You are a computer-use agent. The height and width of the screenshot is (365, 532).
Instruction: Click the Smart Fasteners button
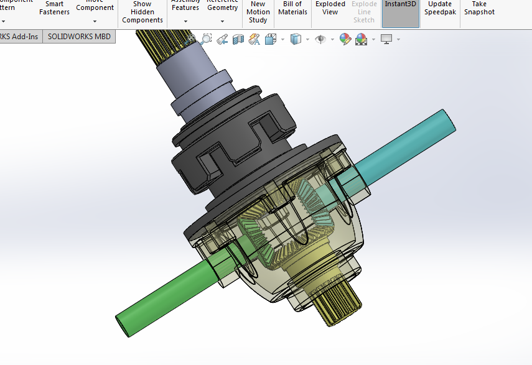pos(55,8)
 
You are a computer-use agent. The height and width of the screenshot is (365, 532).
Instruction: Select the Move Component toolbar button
pos(95,7)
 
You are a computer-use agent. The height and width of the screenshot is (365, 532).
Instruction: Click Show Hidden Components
pos(142,12)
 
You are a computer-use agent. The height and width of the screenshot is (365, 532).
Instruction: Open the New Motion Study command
pos(258,12)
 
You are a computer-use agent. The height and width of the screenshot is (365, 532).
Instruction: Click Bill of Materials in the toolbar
pos(292,8)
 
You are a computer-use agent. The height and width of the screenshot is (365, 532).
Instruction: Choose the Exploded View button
pos(330,8)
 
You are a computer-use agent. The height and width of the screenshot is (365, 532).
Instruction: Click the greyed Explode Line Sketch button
pos(364,12)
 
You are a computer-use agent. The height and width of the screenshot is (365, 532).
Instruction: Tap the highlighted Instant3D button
pos(400,5)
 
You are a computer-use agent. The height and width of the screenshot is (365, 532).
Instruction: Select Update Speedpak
pos(440,8)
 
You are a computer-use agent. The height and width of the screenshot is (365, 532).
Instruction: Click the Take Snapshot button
pos(479,8)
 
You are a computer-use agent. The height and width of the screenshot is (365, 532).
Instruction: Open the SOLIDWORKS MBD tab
pos(79,37)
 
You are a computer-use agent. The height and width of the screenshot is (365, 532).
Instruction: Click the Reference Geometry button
pos(222,8)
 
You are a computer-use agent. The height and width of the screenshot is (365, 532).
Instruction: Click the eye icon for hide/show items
pos(320,39)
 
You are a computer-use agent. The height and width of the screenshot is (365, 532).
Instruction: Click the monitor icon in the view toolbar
pos(386,39)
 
